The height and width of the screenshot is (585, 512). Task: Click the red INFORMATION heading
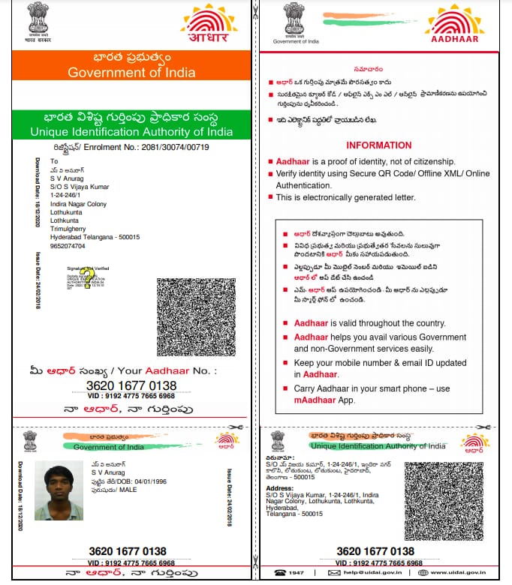coord(378,145)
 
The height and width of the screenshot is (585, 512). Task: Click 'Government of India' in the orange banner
coord(131,73)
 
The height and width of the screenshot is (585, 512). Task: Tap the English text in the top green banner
coord(131,132)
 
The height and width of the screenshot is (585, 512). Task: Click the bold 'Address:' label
coord(279,487)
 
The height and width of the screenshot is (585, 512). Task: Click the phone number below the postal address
coord(67,245)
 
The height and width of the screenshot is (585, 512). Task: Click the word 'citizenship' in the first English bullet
coord(428,162)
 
